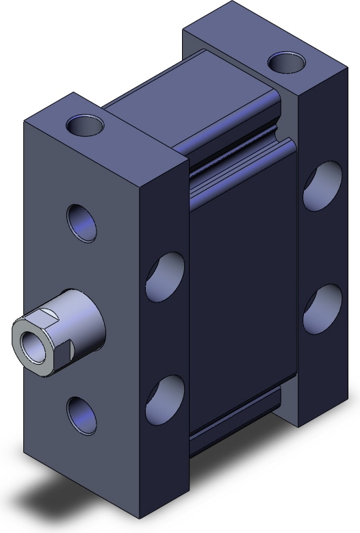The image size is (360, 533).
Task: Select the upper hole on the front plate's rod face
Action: tap(81, 222)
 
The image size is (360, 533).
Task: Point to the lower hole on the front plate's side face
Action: tap(165, 400)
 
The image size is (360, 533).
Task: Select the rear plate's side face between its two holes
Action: tap(322, 246)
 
